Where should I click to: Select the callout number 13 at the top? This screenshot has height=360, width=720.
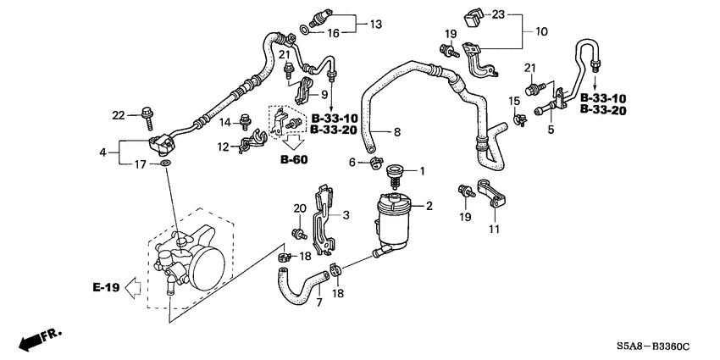coord(376,24)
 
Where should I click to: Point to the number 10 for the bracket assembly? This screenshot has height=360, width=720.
coord(541,31)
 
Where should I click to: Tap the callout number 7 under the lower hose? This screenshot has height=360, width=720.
coord(319,302)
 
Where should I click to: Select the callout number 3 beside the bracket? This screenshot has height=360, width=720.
coord(346,215)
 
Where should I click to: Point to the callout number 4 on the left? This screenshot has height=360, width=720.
coord(103,152)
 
